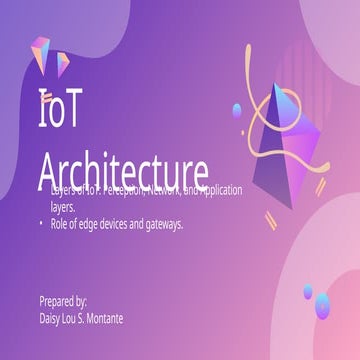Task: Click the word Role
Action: pyautogui.click(x=61, y=224)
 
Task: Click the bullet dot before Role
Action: pyautogui.click(x=42, y=224)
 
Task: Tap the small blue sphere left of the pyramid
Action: pyautogui.click(x=237, y=109)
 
